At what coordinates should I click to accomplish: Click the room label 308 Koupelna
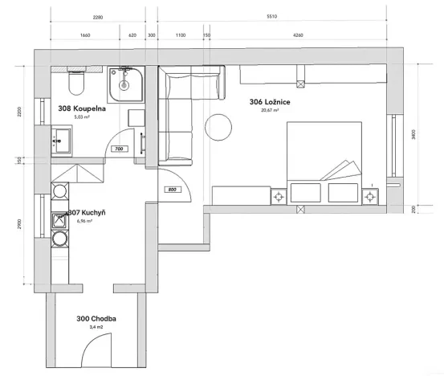coord(79,108)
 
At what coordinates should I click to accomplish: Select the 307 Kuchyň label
coord(82,212)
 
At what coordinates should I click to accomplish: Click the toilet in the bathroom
coord(76,83)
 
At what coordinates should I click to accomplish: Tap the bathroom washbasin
coord(124,84)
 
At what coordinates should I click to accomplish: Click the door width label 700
coord(118,149)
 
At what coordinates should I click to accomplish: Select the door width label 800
coord(172,190)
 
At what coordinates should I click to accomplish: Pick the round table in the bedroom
coord(218,126)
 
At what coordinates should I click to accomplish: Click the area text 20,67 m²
coord(270,111)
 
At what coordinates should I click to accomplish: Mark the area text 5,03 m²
coord(81,117)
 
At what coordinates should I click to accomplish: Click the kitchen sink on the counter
coord(59,219)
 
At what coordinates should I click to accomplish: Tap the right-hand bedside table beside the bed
coord(372,195)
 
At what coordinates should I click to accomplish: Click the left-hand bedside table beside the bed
coord(279,195)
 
